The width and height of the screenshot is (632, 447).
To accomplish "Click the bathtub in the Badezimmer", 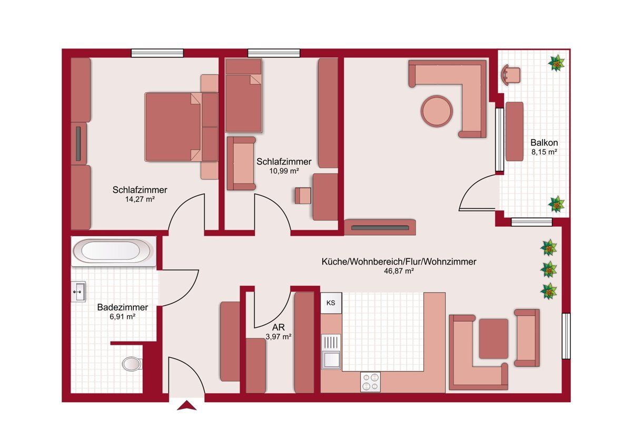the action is coord(113,251).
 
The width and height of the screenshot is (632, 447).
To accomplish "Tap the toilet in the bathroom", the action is coord(132,364).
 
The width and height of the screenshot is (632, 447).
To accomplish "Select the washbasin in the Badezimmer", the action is coord(78,291).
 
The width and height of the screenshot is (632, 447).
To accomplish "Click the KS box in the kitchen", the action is coord(331,303).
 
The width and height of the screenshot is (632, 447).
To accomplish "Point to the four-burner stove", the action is coord(370,382).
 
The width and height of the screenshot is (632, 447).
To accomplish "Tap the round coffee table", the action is coord(437,111).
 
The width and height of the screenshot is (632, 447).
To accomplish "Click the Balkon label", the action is coord(544,142).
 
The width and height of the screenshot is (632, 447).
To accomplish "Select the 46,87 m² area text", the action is coord(399,271).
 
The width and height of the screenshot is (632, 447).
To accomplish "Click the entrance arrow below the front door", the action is coord(186,405).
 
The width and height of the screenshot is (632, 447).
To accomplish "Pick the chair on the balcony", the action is coord(511,74).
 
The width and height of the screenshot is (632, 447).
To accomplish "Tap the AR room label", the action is coord(278,327).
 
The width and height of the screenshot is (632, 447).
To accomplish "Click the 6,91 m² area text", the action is coord(122,317).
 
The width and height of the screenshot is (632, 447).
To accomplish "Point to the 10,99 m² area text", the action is coord(284,171).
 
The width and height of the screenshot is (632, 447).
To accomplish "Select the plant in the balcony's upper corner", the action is coord(556,63).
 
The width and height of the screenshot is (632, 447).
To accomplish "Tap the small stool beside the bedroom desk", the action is coord(303,196).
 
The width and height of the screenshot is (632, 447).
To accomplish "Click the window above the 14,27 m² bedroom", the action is coord(157,53).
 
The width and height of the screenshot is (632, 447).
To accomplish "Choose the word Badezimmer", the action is coord(122,307).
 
